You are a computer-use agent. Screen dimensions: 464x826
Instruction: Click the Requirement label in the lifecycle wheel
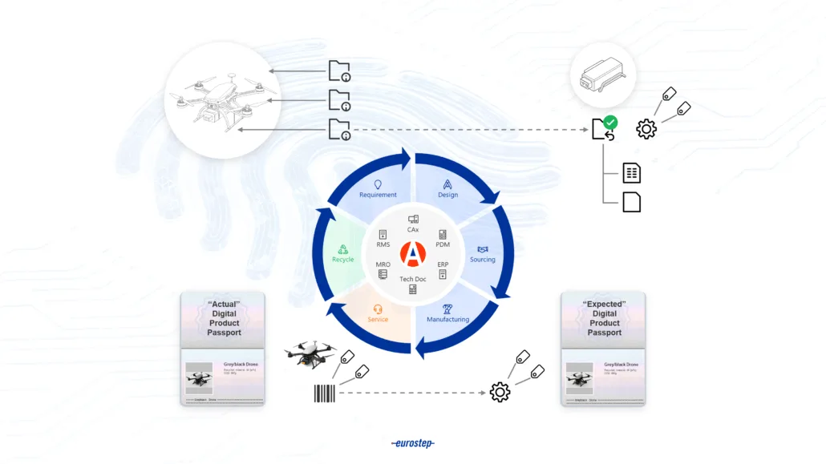(x=378, y=195)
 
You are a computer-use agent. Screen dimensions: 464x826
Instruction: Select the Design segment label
(x=447, y=195)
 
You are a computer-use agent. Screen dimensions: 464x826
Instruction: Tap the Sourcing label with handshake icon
(x=482, y=260)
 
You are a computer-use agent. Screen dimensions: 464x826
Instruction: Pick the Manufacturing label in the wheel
(x=447, y=319)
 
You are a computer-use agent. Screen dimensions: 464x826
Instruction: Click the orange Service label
(x=378, y=319)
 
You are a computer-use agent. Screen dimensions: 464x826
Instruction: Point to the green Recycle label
(x=342, y=260)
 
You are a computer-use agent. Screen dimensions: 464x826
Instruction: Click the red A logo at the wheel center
(x=412, y=255)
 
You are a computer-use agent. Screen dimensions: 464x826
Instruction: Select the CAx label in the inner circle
(x=413, y=230)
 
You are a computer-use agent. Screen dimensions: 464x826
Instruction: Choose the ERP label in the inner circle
(x=443, y=264)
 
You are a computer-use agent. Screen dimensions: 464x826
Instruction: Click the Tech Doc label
(x=413, y=279)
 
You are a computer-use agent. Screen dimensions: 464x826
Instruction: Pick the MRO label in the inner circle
(x=383, y=264)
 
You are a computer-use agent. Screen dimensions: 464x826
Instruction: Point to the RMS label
(x=383, y=244)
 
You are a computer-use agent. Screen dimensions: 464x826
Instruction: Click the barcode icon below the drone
(x=324, y=393)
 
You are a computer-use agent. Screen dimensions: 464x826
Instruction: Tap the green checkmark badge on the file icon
(x=610, y=123)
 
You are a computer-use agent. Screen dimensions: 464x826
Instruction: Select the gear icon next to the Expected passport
(x=500, y=392)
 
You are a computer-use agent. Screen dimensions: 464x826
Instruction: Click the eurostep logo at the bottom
(x=413, y=443)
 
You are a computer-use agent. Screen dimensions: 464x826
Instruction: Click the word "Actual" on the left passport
(x=224, y=305)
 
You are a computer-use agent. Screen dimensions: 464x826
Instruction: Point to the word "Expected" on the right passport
(x=605, y=305)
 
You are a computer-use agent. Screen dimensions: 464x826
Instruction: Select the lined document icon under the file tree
(x=632, y=172)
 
